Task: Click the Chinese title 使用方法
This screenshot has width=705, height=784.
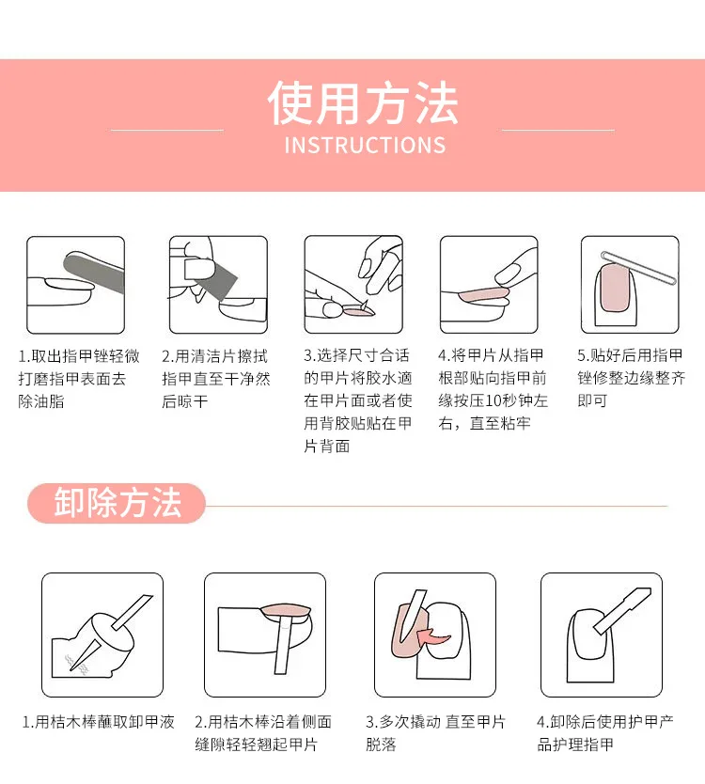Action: click(363, 103)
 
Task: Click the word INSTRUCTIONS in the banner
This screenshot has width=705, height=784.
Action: click(364, 146)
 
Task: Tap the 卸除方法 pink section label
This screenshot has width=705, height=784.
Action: click(117, 503)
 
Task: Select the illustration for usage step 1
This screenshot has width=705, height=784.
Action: click(75, 284)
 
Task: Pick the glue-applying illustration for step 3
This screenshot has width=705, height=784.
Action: click(352, 284)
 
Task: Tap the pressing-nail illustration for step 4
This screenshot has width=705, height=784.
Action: click(489, 284)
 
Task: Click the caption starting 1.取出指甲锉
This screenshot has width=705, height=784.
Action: click(79, 379)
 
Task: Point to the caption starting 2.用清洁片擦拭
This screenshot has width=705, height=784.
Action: click(215, 379)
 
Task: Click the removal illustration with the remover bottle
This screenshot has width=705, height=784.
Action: click(102, 634)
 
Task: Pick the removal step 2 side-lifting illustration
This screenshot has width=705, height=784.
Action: click(265, 634)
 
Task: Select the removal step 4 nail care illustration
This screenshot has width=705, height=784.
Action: click(602, 634)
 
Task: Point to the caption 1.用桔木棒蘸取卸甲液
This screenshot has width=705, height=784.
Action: click(99, 723)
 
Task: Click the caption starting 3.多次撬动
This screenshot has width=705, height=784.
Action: click(435, 733)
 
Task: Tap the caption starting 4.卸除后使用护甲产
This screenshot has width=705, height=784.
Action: click(604, 733)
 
